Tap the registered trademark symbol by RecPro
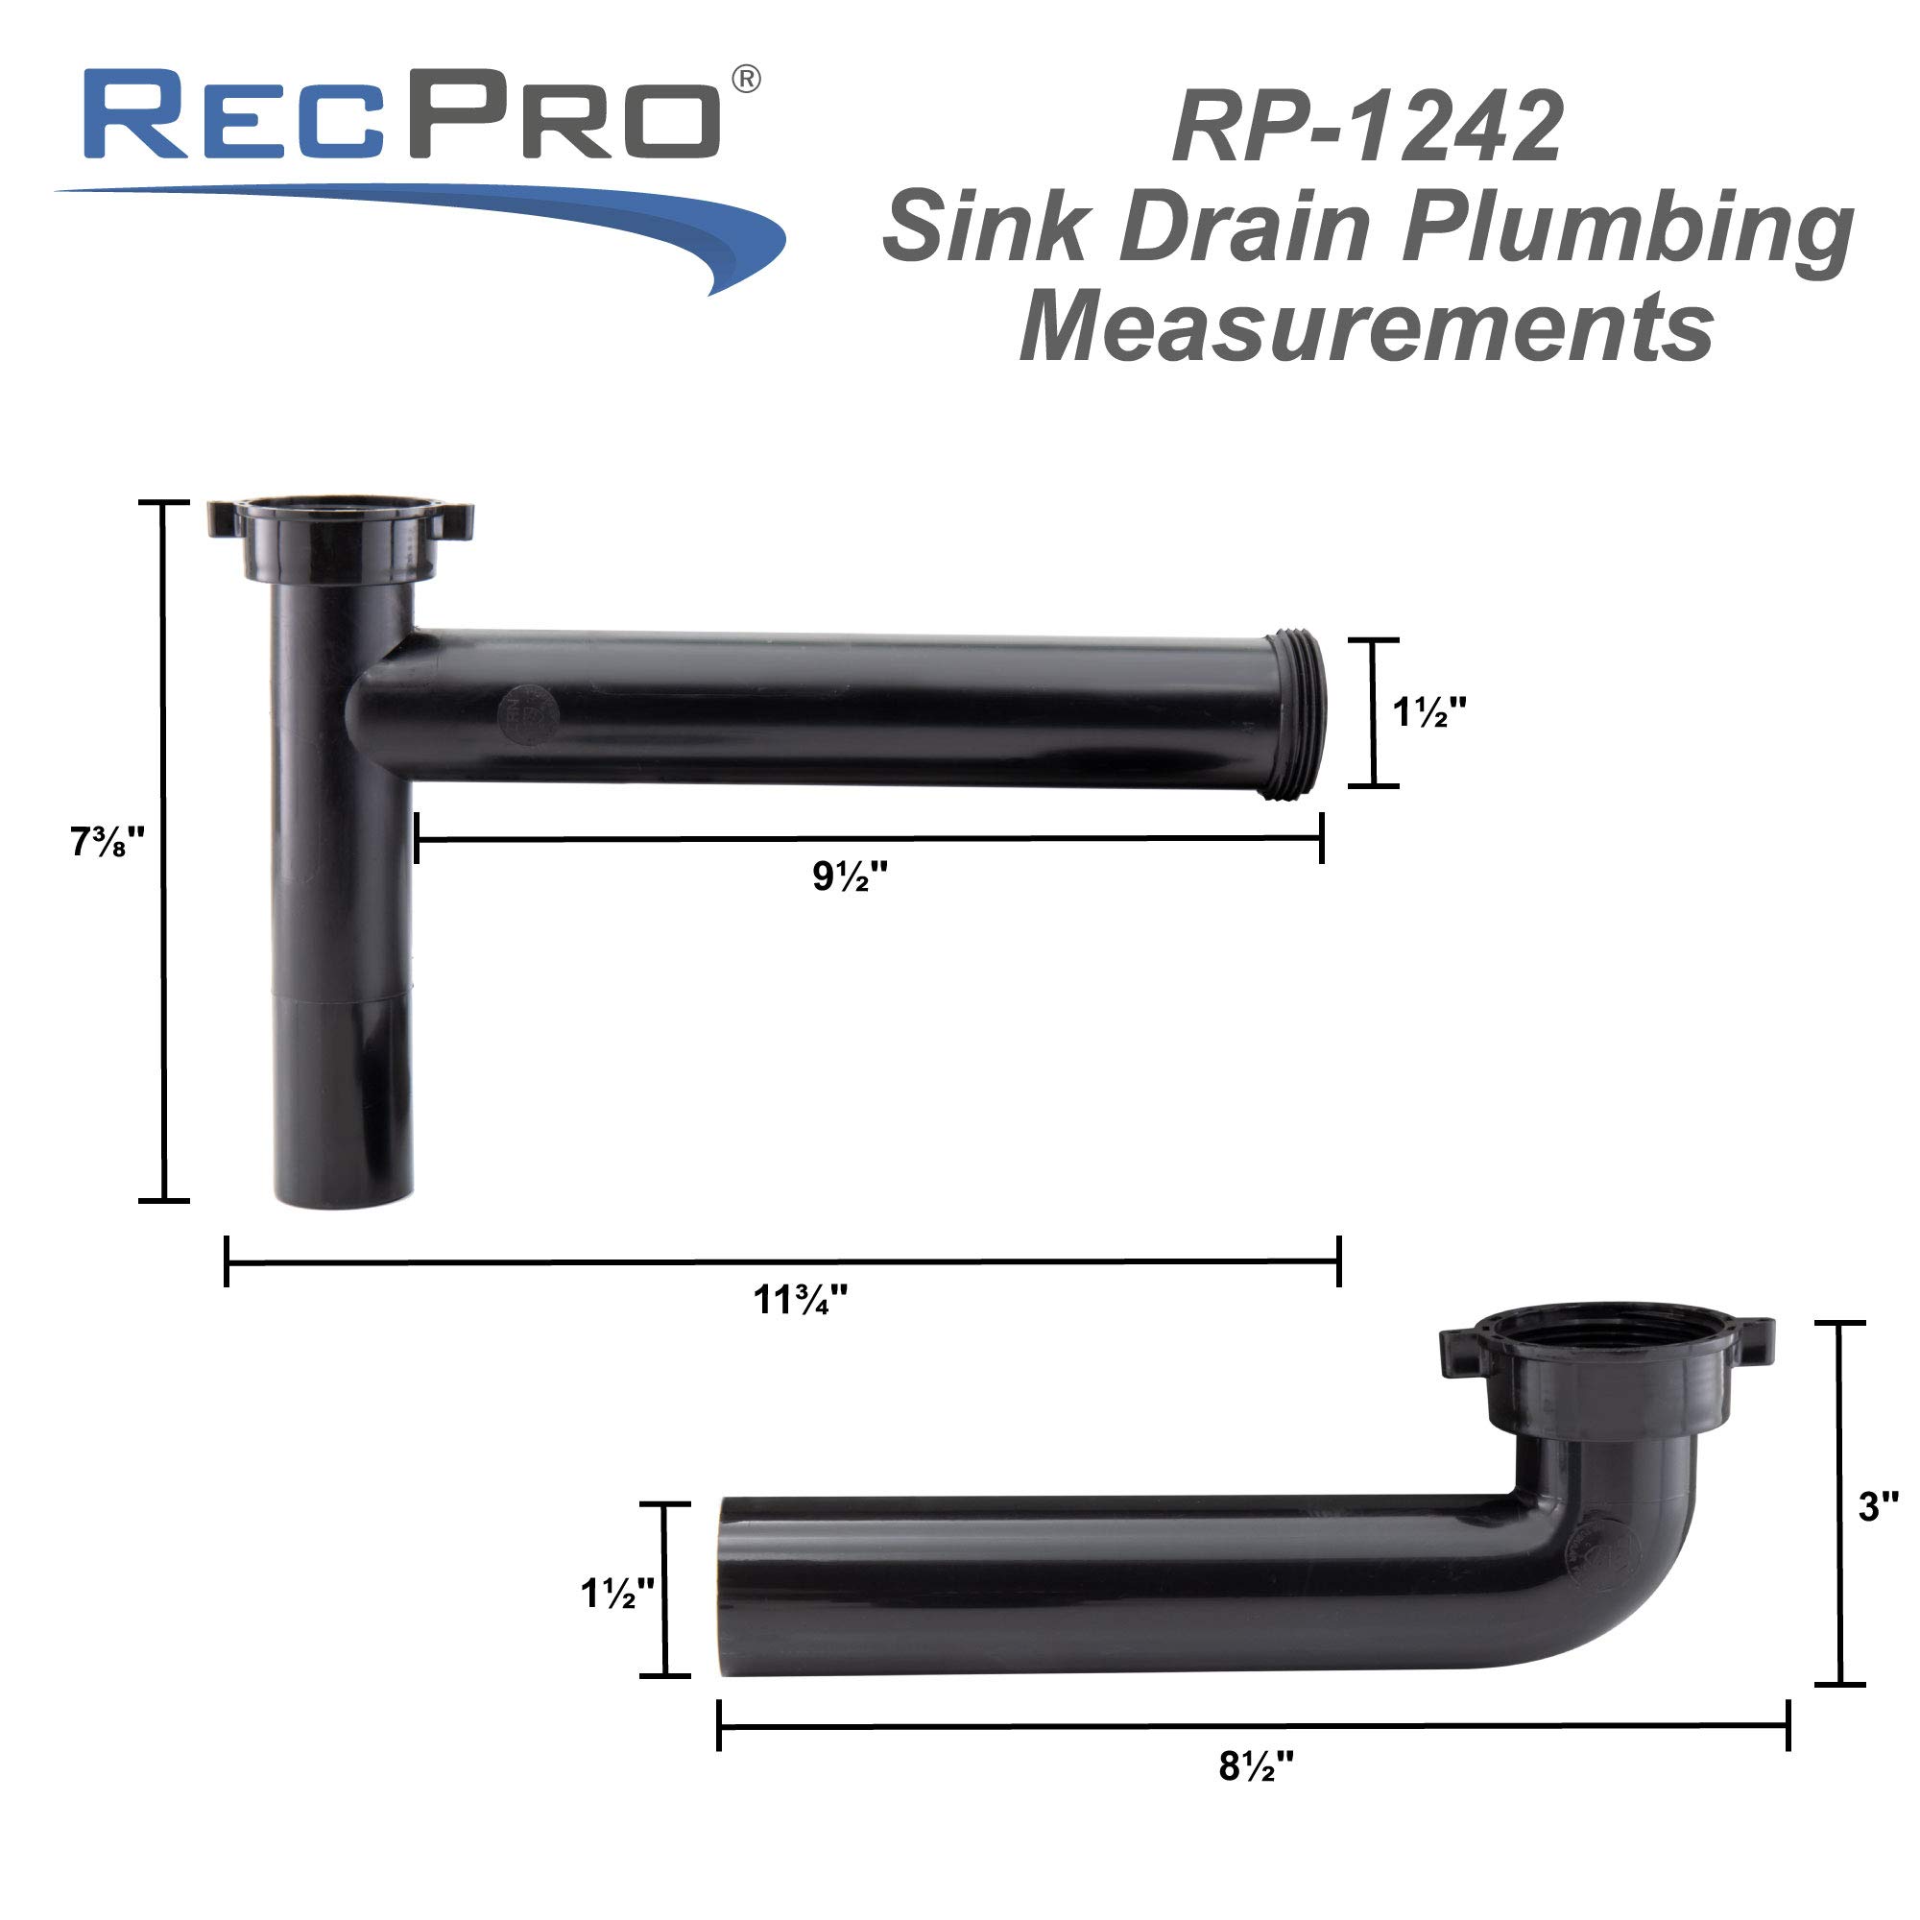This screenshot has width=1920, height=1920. coord(745,80)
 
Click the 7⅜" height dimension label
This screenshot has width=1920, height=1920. coord(108,843)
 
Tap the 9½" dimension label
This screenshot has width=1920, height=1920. coord(850,876)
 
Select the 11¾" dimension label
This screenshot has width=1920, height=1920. coord(800,1300)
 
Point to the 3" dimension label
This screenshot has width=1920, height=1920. coord(1876,1507)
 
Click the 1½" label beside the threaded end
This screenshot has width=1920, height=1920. coord(1428,712)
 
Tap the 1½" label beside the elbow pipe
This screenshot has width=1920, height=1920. coord(617,1593)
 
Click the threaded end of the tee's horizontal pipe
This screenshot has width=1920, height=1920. coord(1298,713)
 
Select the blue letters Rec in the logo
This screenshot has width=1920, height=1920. coord(233,116)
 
